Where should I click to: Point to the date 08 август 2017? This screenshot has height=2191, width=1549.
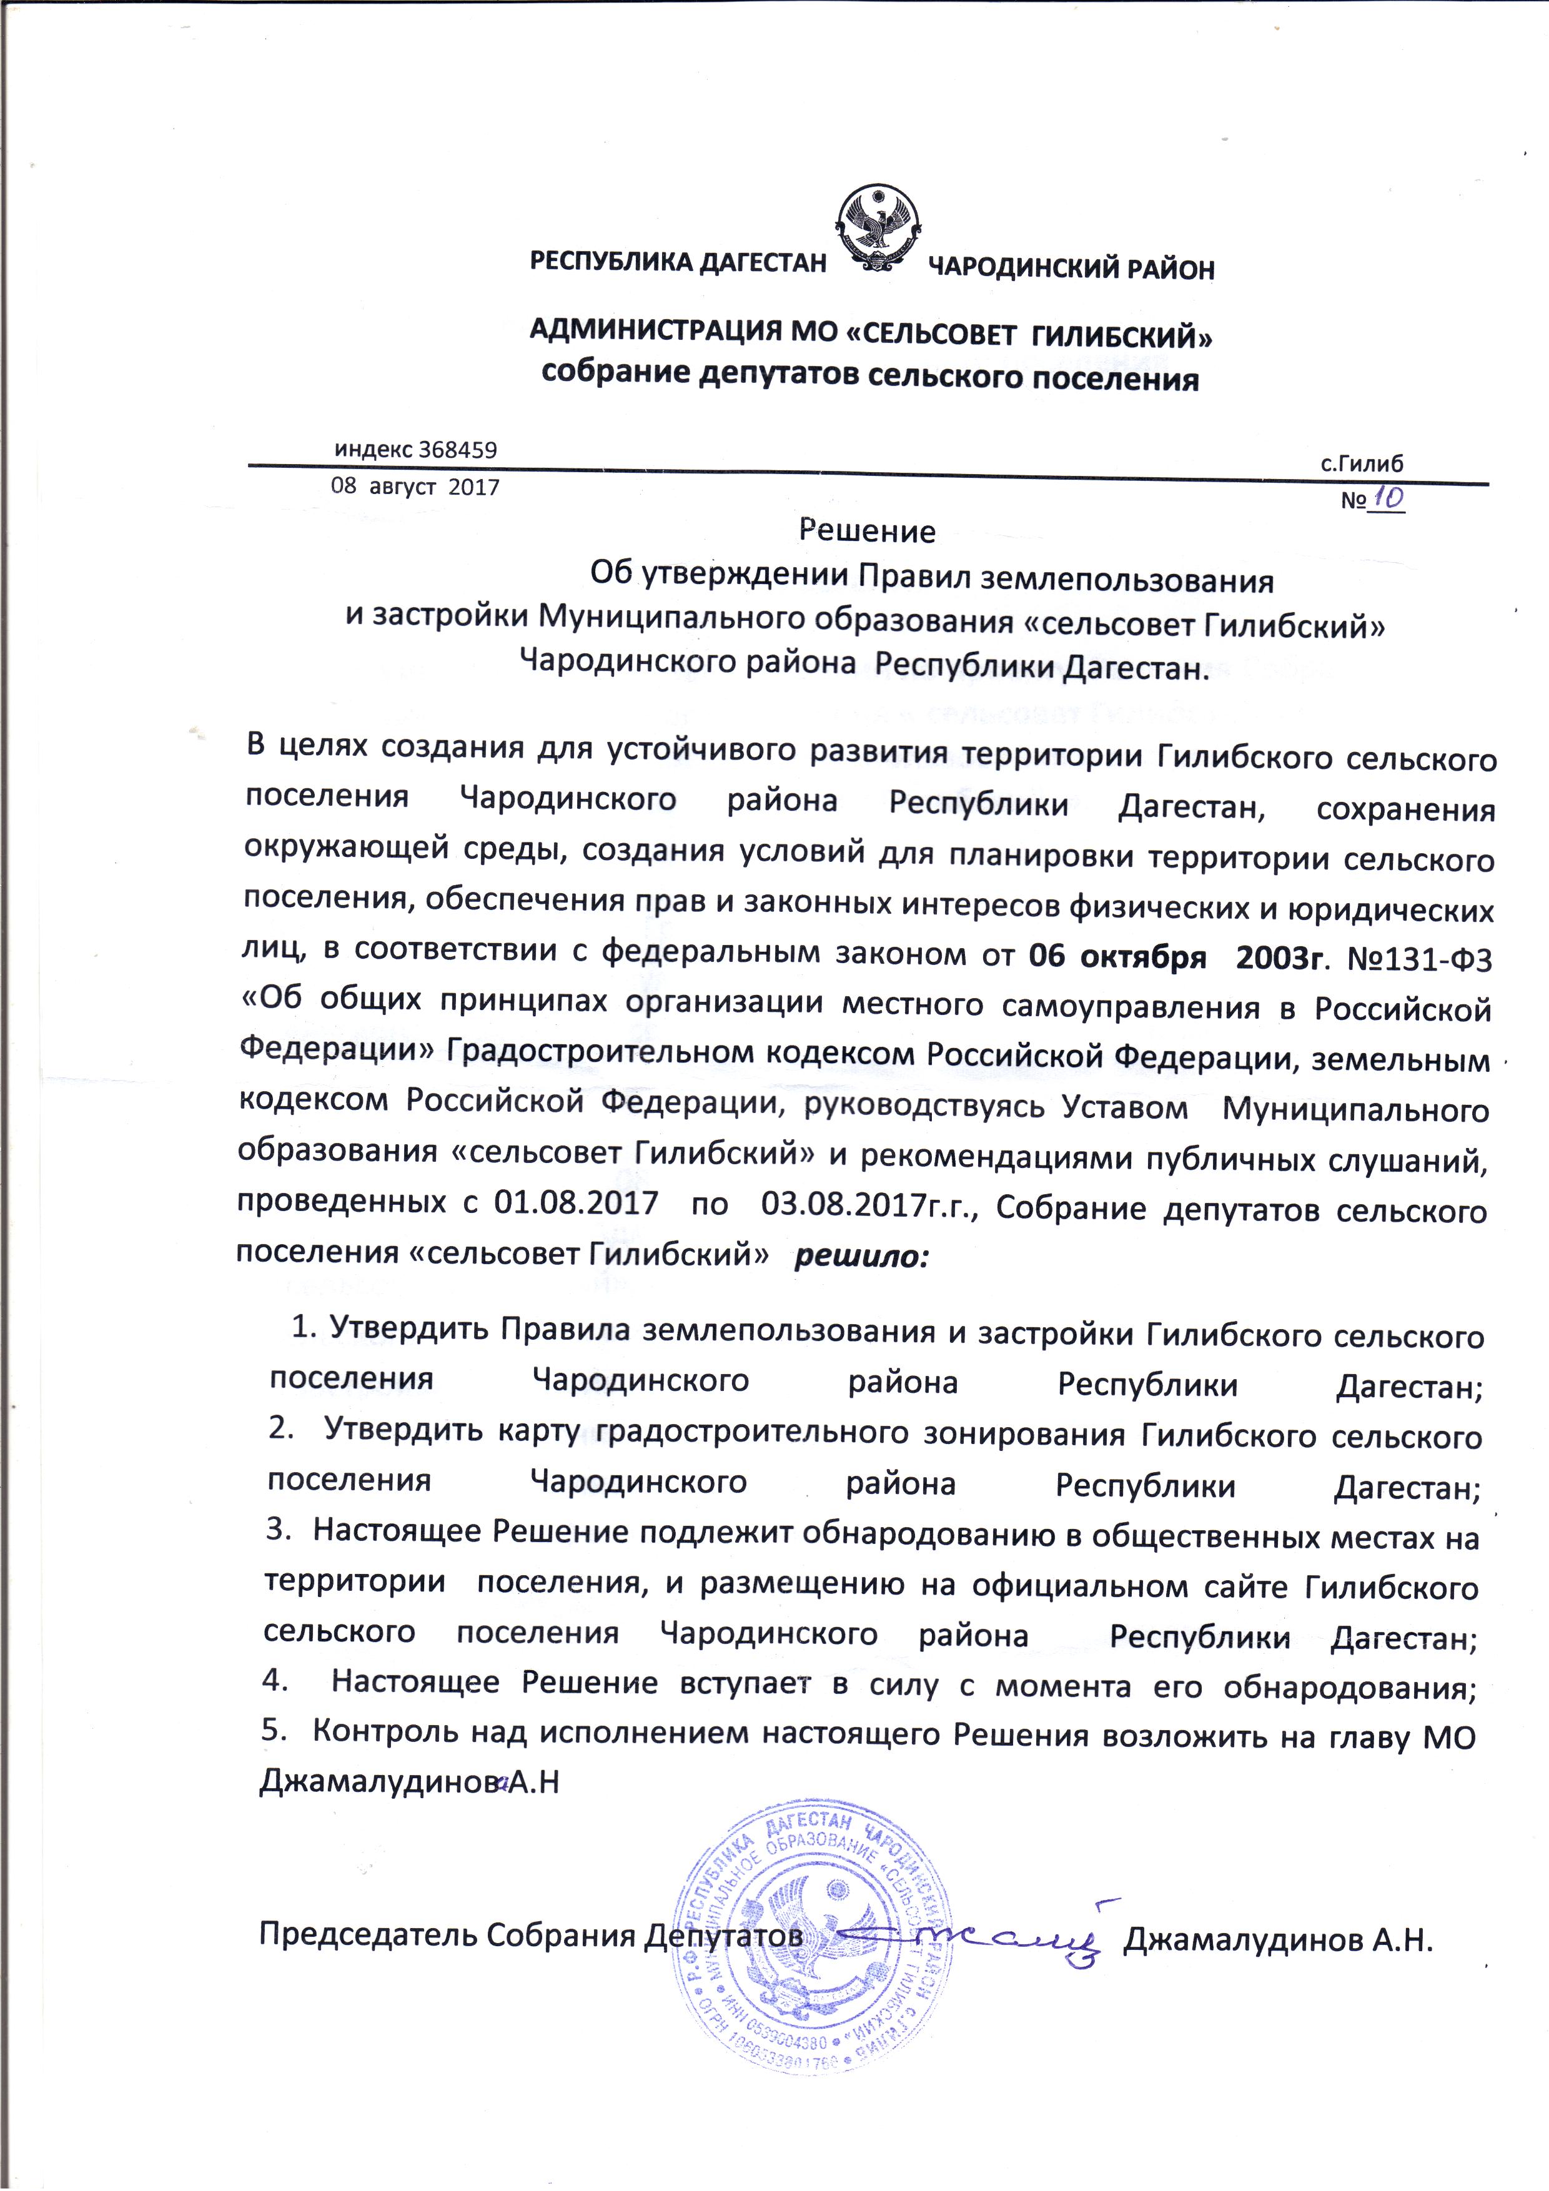tap(415, 487)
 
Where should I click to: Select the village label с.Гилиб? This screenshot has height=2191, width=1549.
tap(1362, 465)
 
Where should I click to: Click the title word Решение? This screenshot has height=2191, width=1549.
tap(866, 532)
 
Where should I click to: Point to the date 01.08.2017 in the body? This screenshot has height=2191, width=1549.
tap(575, 1202)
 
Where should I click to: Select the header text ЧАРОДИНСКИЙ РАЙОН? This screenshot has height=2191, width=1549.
tap(1071, 270)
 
